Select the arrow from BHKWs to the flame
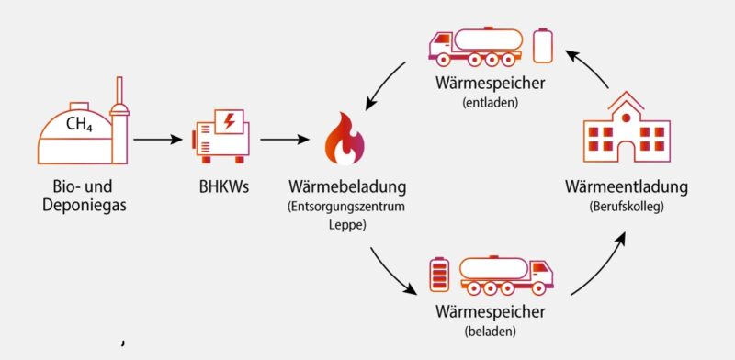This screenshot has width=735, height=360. pos(284,141)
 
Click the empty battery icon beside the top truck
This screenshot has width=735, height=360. pos(543,46)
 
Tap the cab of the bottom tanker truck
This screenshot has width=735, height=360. pos(542,273)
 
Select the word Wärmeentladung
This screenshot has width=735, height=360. pos(626,187)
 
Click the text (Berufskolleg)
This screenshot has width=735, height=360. pos(626,208)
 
